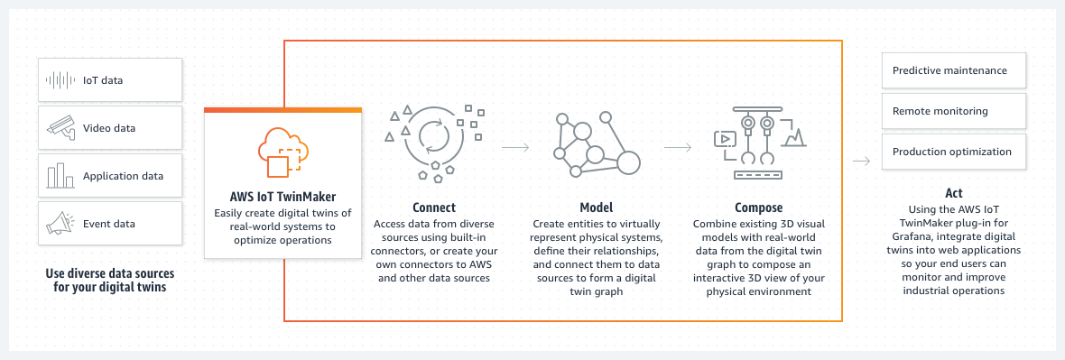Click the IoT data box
[x=110, y=80]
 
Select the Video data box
[x=110, y=128]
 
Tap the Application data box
[x=110, y=176]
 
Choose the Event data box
[x=110, y=224]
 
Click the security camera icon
[x=60, y=128]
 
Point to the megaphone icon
[x=60, y=223]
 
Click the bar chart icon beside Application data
[x=60, y=176]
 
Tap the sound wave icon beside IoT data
[x=60, y=80]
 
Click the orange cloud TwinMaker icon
[x=282, y=151]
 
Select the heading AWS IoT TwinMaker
[x=282, y=196]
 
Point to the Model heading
[x=597, y=207]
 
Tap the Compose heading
[x=758, y=207]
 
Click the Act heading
[x=953, y=193]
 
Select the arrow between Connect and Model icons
[x=515, y=144]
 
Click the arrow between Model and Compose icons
[x=678, y=144]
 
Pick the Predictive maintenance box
[x=953, y=69]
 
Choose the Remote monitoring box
[x=953, y=111]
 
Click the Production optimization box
[x=953, y=152]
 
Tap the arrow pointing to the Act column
[x=861, y=162]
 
